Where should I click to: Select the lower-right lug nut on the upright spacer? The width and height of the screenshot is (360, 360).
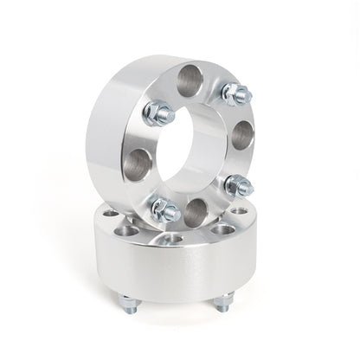(238, 184)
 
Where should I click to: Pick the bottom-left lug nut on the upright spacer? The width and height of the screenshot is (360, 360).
(165, 209)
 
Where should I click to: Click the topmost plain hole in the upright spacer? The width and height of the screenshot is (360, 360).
(191, 81)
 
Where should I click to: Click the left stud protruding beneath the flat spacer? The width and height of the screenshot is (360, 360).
(128, 304)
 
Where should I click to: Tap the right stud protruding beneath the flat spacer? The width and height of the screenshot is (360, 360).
(223, 303)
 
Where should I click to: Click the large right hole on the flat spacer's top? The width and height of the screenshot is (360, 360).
(224, 230)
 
